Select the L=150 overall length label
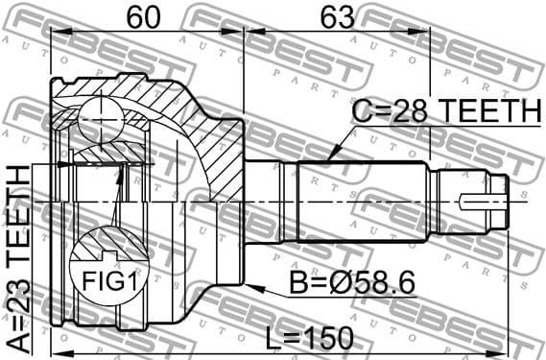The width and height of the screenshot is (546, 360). click(309, 338)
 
